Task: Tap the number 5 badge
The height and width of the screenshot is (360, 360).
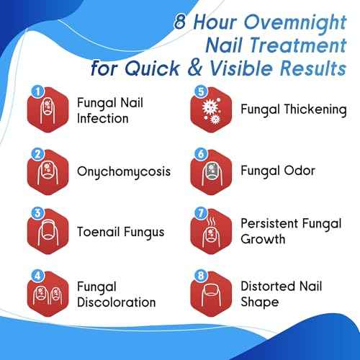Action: pos(201,92)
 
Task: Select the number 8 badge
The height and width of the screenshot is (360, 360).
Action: pos(201,274)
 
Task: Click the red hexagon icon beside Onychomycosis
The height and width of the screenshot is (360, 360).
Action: pos(47,171)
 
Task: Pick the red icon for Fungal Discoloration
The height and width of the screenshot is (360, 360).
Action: pos(47,292)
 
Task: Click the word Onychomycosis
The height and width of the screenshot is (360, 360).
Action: pos(124,172)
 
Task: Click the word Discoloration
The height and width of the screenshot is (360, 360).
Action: pos(116,302)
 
